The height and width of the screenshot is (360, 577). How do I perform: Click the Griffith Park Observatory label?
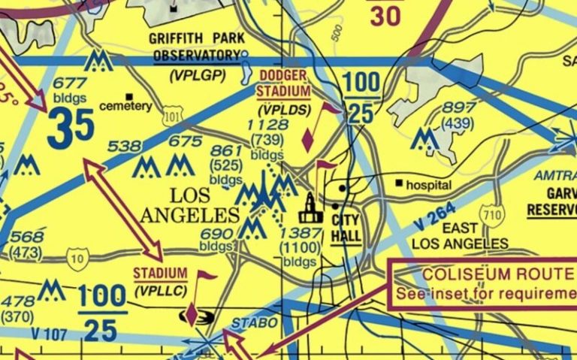[196, 47]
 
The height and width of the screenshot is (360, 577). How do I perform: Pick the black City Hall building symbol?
[310, 208]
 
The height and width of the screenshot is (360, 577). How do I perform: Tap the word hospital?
[428, 184]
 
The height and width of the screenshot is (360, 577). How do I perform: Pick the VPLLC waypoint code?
[159, 289]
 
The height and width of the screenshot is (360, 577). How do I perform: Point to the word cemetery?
[125, 105]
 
